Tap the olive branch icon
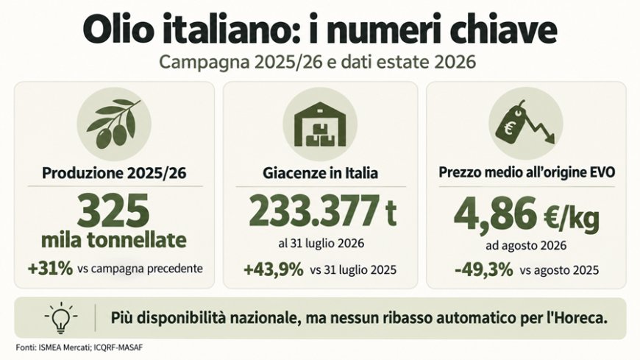pos(114,124)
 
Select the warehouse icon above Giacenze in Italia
pos(319,124)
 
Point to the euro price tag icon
pos(524,123)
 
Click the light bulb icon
pos(61,317)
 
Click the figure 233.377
pos(314,212)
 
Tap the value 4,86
pos(495,213)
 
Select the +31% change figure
pos(50,269)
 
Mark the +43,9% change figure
pos(274,269)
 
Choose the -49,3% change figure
pos(483,269)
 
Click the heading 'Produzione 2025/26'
pos(114,173)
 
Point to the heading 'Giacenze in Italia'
pos(321,173)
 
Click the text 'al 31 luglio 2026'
pos(321,244)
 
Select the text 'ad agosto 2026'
pos(526,245)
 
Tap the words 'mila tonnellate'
pos(114,240)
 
